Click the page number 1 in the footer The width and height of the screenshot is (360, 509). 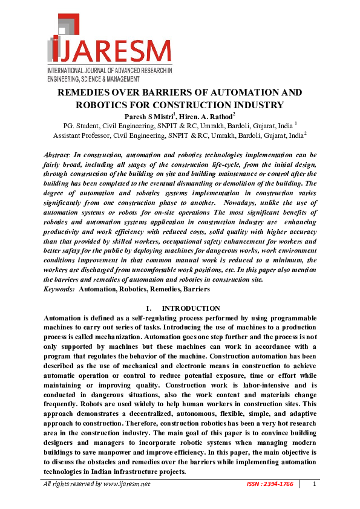pos(314,484)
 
